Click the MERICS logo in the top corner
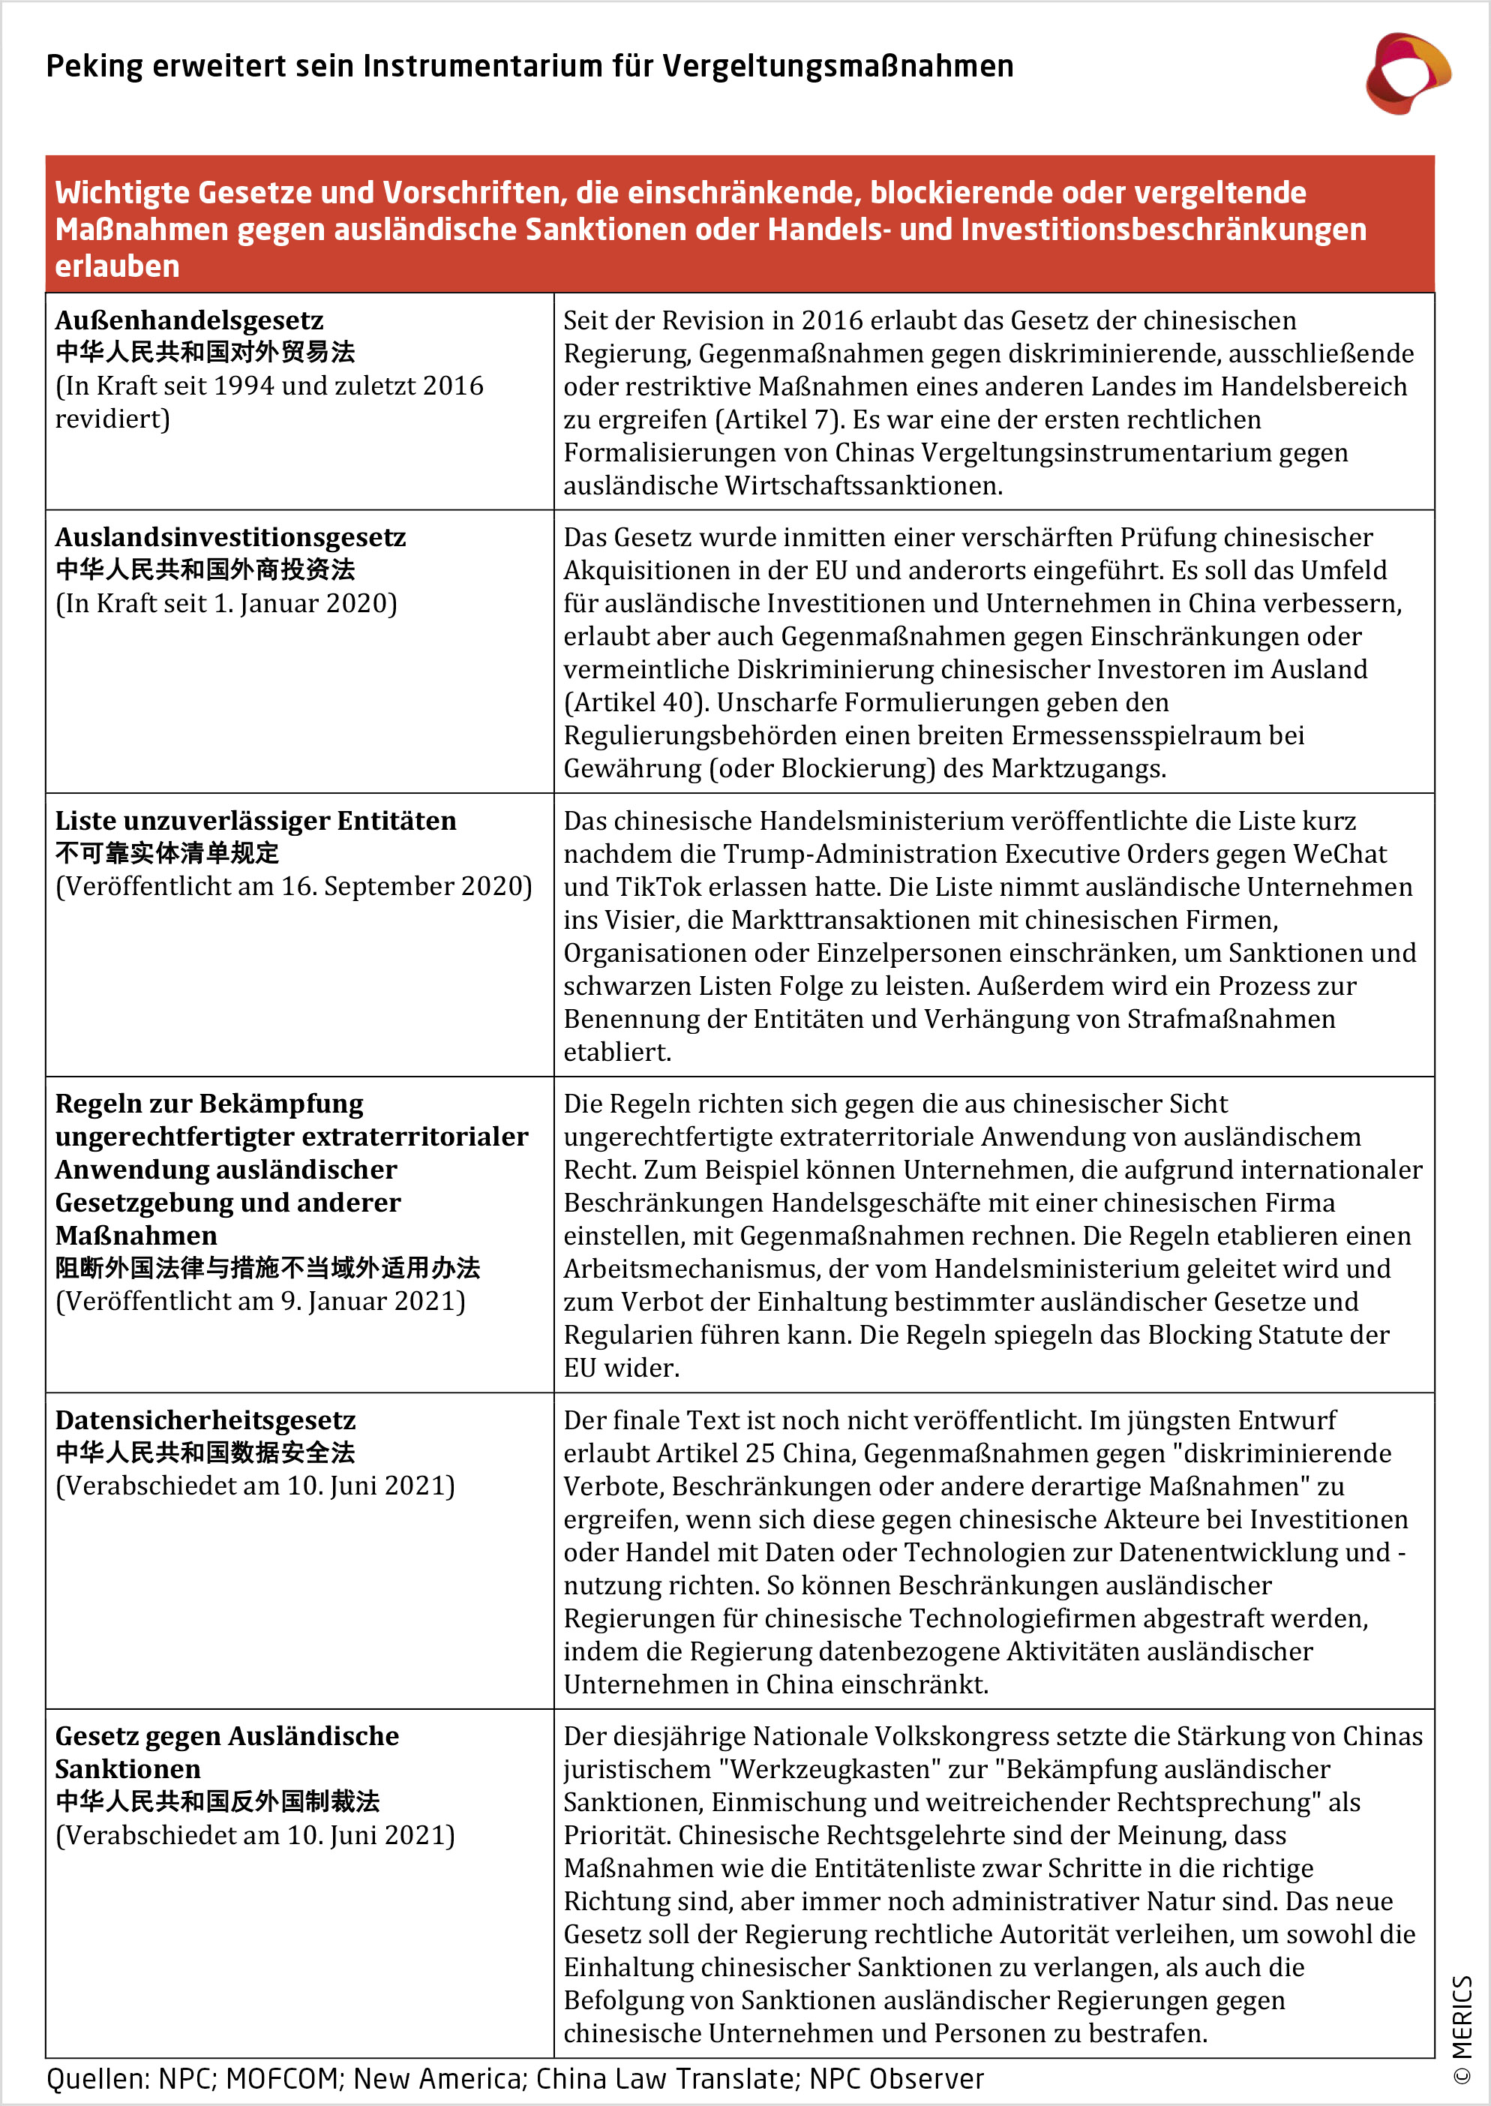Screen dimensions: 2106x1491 [x=1406, y=74]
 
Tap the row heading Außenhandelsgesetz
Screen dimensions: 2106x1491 [x=189, y=320]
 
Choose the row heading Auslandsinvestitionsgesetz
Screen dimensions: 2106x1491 [x=230, y=537]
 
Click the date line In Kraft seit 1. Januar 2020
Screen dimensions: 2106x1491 [x=226, y=603]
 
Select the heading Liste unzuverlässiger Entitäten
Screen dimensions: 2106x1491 [x=255, y=821]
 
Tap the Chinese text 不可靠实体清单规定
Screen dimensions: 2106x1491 [x=166, y=853]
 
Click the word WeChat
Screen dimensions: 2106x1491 [x=1339, y=854]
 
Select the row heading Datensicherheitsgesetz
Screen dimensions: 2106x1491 [x=205, y=1420]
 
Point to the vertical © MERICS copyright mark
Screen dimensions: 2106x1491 [x=1462, y=2029]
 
